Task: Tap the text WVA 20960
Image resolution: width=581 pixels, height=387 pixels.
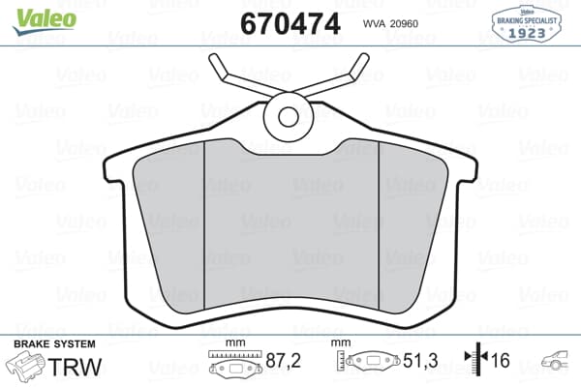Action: (391, 22)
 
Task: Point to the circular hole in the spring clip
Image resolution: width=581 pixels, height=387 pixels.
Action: (290, 117)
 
